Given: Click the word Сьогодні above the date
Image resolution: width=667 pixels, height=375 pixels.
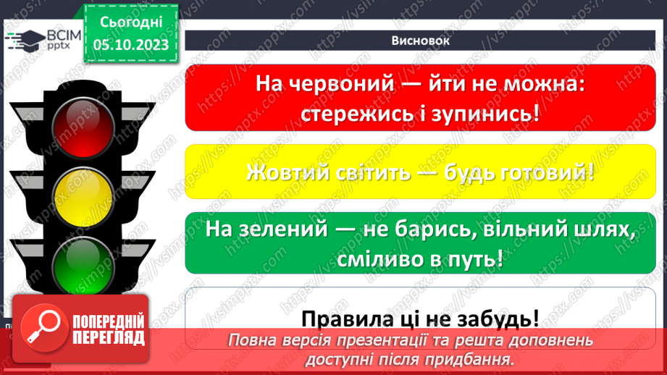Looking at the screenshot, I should pyautogui.click(x=131, y=22).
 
